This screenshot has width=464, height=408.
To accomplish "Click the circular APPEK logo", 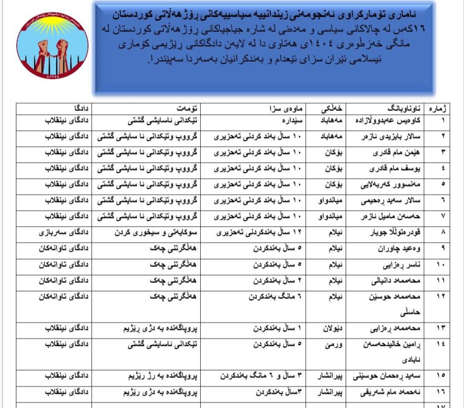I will point(50,46).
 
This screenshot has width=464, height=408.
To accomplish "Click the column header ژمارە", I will point(449,109).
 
